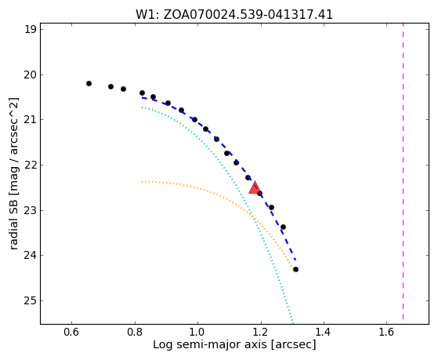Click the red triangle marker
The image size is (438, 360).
[x=255, y=188]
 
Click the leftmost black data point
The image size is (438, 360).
[x=89, y=83]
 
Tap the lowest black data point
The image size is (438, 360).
[x=295, y=269]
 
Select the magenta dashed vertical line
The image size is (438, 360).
[x=403, y=172]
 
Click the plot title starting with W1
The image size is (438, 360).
[x=234, y=15]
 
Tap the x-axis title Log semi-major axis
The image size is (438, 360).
[x=234, y=344]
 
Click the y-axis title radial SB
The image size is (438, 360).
[x=13, y=173]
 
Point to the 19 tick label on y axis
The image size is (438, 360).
[x=31, y=30]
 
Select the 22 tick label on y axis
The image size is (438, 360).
[x=31, y=165]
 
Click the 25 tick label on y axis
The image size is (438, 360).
[x=31, y=300]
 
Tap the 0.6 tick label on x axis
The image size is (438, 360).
[x=72, y=332]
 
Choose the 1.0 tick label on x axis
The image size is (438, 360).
[x=197, y=332]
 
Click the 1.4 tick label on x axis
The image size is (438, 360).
[x=324, y=332]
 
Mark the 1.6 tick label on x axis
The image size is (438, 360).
[x=386, y=332]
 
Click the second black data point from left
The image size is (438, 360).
[x=111, y=86]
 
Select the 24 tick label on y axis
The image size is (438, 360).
[x=31, y=256]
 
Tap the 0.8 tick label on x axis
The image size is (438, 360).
[x=135, y=332]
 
